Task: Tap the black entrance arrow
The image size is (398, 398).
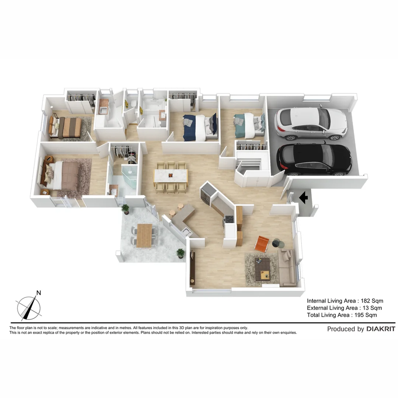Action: (x=304, y=198)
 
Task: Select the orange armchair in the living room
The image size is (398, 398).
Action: (x=262, y=244)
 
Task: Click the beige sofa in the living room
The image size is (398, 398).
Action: (x=287, y=267)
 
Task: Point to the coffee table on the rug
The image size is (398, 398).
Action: (x=263, y=268)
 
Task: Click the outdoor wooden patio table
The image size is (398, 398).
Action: (x=144, y=235)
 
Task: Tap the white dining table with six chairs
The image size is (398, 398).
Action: (x=171, y=175)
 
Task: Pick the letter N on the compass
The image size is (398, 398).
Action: (x=39, y=293)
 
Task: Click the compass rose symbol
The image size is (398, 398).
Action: (x=29, y=308)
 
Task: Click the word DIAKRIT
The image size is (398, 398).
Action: (x=381, y=329)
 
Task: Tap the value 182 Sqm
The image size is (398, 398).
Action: (x=371, y=301)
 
